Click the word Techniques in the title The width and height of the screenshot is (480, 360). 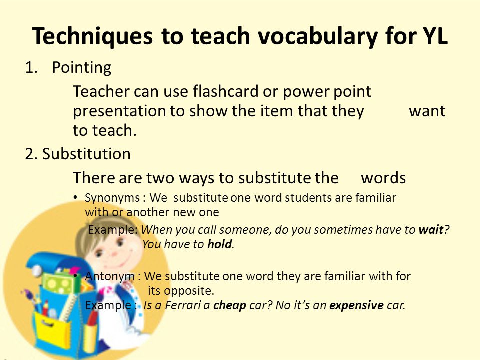point(92,36)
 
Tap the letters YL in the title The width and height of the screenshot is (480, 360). point(435,36)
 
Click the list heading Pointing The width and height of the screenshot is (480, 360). point(81,67)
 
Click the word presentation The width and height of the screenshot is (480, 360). point(119,111)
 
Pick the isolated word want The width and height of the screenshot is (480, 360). point(427,111)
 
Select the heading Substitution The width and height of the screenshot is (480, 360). point(86,153)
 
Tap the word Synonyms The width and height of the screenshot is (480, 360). point(112,198)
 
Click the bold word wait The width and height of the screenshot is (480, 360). point(431,229)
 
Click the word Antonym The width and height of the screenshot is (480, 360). point(110,276)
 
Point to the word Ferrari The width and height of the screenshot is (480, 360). point(183,305)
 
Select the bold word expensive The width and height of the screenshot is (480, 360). point(356,305)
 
